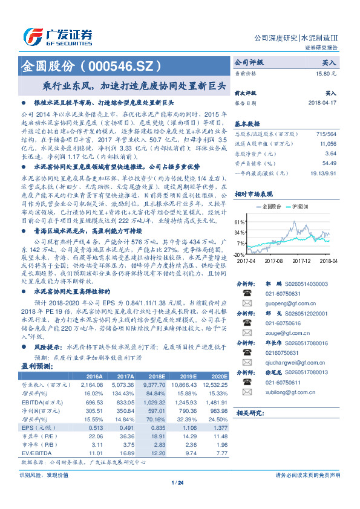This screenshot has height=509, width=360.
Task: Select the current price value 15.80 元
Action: [326, 73]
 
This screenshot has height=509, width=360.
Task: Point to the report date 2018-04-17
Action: [322, 103]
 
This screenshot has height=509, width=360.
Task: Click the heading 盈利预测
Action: [38, 366]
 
